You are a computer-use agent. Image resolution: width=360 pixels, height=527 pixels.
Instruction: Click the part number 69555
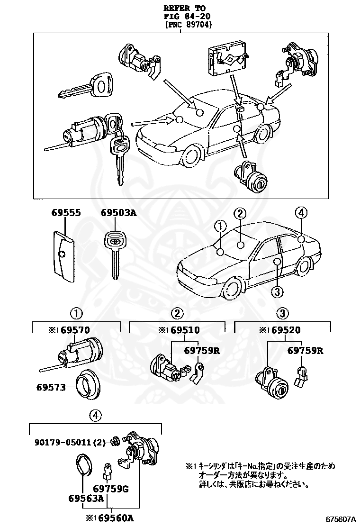click(x=66, y=213)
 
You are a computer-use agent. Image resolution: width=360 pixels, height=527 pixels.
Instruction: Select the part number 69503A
click(x=118, y=213)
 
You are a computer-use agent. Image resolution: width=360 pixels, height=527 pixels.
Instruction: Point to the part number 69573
click(x=50, y=387)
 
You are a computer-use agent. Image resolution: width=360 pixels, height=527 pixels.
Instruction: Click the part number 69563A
click(x=86, y=499)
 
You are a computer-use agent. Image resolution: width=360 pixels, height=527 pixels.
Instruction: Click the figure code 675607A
click(x=341, y=519)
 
